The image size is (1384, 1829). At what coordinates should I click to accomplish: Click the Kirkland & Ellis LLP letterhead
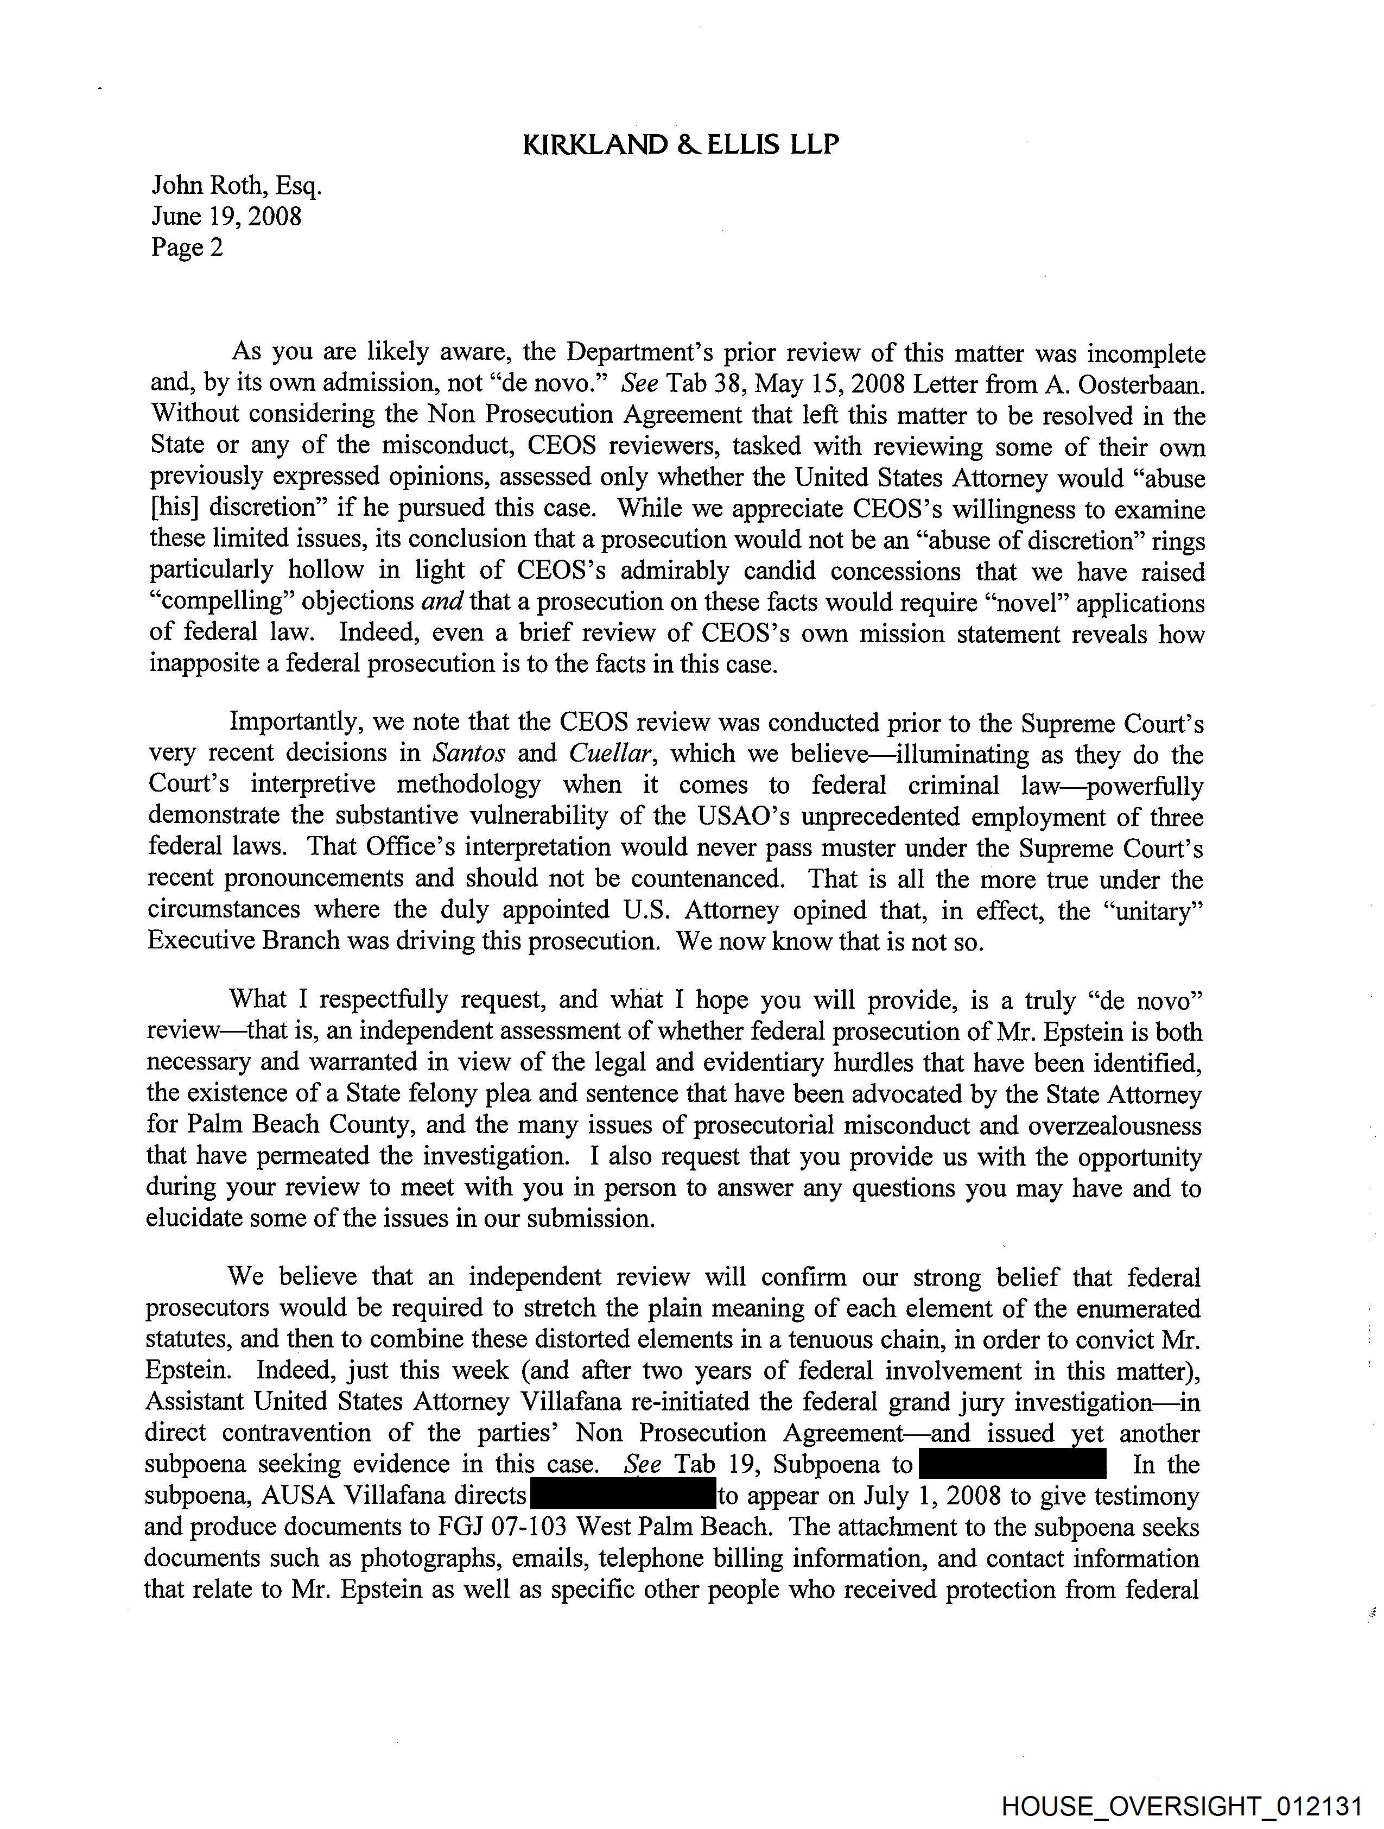click(681, 145)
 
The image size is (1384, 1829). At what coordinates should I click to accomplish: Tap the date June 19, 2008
click(226, 216)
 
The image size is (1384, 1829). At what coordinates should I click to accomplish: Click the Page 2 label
click(187, 247)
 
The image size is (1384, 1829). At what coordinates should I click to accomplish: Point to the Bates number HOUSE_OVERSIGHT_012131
click(1182, 1805)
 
